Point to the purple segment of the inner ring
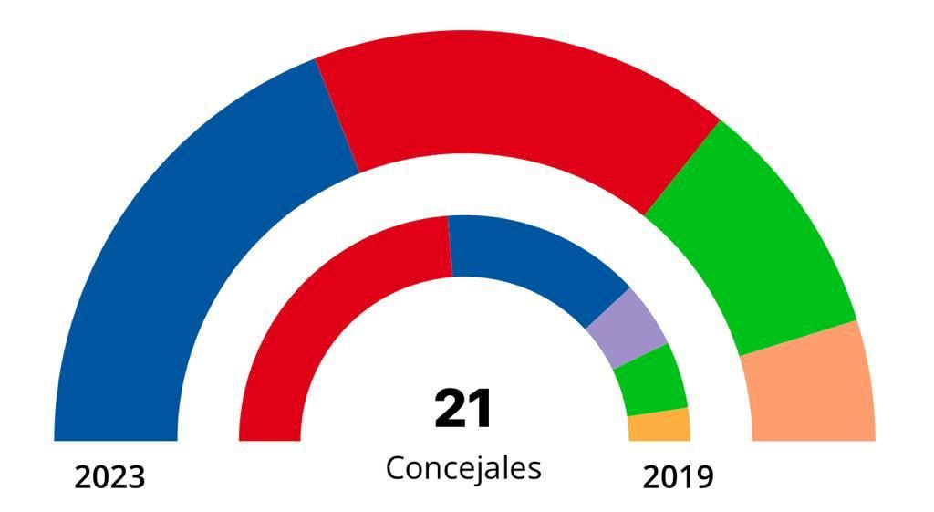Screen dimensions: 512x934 tap(628, 325)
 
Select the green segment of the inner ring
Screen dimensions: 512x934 tap(650, 380)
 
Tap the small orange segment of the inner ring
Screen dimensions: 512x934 tap(659, 425)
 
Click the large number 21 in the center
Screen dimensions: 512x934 tap(463, 408)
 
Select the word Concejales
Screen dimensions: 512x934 tap(463, 467)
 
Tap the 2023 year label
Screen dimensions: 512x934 tap(109, 476)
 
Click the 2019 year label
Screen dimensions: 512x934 tap(678, 476)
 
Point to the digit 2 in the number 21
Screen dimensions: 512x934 tap(451, 408)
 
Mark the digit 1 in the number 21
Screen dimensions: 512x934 tap(481, 408)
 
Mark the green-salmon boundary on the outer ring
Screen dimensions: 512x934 tap(798, 338)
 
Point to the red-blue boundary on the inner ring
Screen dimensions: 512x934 tap(451, 246)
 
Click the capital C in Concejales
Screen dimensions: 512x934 tap(394, 467)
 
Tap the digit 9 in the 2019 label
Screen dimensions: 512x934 tap(703, 476)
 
